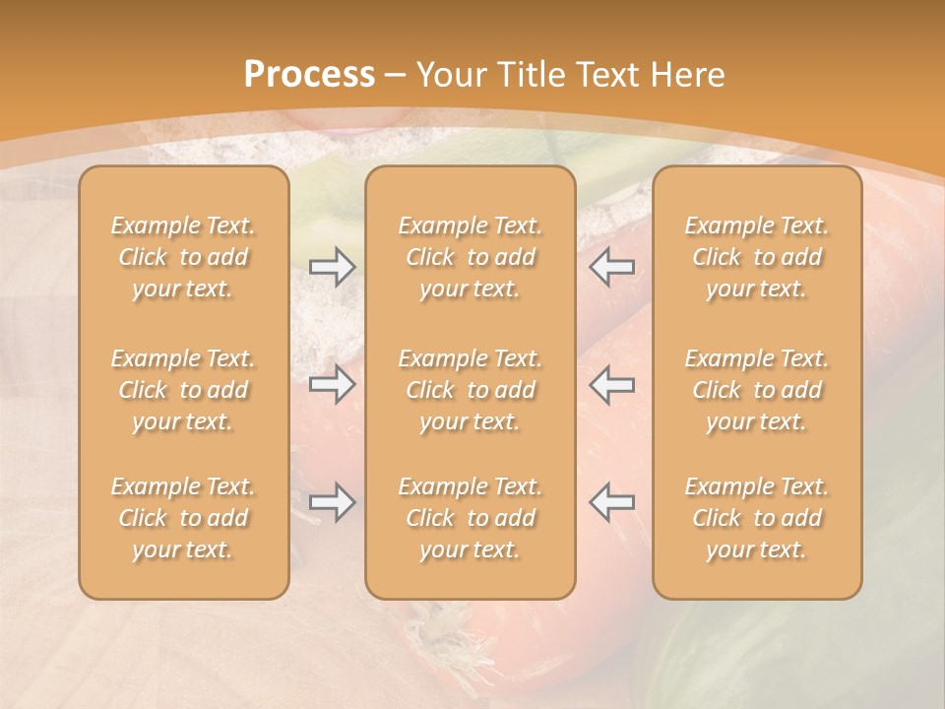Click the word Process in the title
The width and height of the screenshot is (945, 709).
(309, 75)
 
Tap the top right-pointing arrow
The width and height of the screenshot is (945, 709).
(332, 267)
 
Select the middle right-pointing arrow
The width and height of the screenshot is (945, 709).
(332, 384)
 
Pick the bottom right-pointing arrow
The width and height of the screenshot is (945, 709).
(332, 502)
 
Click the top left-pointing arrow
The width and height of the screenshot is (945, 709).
(611, 267)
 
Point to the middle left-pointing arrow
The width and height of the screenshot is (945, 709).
(611, 384)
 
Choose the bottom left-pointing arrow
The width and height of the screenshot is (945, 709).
(611, 502)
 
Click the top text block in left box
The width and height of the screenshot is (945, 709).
(183, 257)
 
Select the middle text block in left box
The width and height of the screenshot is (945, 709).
(183, 390)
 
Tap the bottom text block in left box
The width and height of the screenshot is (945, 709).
(183, 518)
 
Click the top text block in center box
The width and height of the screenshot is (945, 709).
(471, 257)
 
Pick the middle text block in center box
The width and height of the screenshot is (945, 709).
(471, 390)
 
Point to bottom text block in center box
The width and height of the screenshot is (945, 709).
(471, 518)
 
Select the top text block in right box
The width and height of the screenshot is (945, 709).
(757, 257)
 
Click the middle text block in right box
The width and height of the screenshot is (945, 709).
(757, 390)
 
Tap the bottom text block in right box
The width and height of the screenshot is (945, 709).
(757, 518)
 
